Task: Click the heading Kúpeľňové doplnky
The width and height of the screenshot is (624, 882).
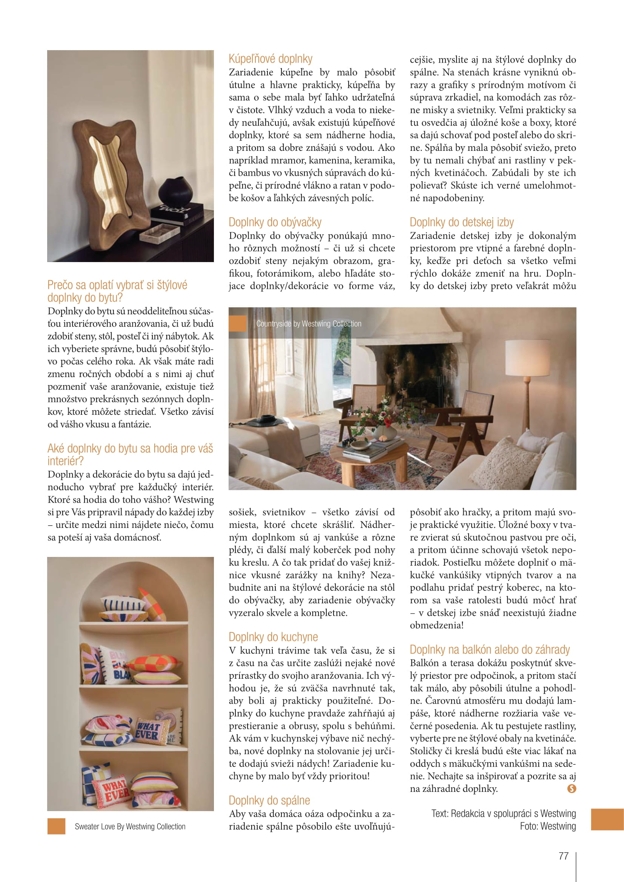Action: coord(271,59)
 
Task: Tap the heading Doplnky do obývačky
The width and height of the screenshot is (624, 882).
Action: coord(275,222)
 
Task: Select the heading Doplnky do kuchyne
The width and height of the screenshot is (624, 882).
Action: coord(273,637)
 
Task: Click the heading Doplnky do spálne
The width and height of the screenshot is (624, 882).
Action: coord(269,800)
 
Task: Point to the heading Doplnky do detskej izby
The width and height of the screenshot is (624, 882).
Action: coord(461,222)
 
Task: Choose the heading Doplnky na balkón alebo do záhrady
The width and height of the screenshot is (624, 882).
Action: coord(490,650)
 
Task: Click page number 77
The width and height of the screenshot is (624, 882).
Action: coord(563,856)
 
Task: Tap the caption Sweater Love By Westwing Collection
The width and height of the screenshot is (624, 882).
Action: coord(130,827)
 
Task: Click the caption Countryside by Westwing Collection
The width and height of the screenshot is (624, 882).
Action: coord(309,324)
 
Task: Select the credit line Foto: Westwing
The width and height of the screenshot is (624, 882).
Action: coord(547,826)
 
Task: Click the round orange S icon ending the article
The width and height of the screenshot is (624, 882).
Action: coord(571,788)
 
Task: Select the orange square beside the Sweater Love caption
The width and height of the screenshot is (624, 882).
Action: coord(57,827)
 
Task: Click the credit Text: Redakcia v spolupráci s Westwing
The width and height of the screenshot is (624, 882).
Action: coord(503,813)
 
